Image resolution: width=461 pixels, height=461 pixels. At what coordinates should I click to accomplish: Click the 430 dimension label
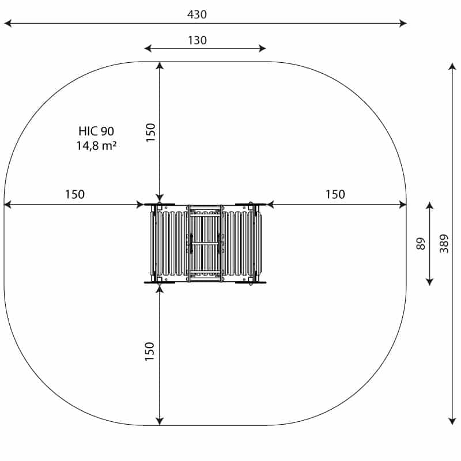[x=197, y=14]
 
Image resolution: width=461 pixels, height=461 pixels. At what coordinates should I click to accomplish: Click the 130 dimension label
[x=197, y=40]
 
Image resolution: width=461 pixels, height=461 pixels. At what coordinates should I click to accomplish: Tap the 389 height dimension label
[x=444, y=243]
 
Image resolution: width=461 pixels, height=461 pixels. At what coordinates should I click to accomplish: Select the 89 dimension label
[x=421, y=243]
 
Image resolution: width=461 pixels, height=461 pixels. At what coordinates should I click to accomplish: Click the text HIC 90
[x=96, y=131]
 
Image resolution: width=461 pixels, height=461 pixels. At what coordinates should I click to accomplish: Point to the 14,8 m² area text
[x=96, y=146]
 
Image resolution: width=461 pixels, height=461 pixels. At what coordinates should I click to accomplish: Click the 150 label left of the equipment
[x=75, y=194]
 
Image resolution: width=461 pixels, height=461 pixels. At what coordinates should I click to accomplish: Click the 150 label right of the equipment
[x=335, y=194]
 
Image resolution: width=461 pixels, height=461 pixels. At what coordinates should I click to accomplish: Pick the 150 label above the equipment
[x=150, y=133]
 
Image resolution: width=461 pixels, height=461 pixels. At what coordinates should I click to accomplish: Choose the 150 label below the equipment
[x=150, y=352]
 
